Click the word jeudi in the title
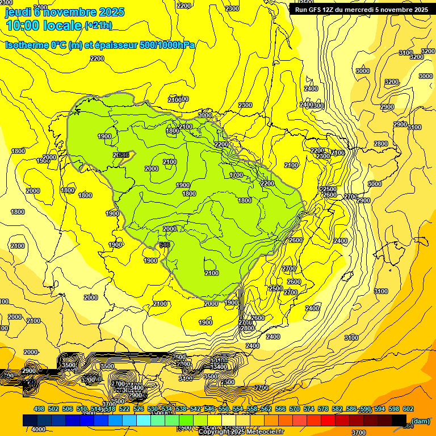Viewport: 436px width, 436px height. [16, 12]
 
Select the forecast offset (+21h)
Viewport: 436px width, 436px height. [98, 26]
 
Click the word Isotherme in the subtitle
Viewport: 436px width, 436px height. [26, 45]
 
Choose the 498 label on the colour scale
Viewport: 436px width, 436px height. [39, 409]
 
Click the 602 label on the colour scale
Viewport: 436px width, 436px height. [408, 409]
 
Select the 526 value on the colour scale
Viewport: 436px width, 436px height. [139, 409]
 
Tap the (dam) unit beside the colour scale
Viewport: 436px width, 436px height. [420, 421]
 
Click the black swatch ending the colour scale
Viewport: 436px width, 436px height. [399, 420]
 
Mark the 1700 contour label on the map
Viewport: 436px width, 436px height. [237, 175]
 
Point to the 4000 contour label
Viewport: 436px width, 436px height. [39, 429]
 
